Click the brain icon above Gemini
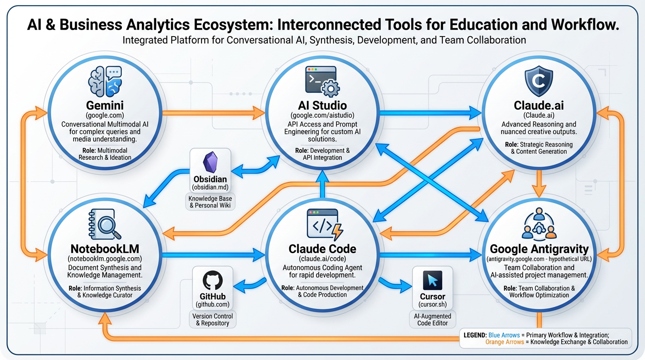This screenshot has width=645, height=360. tap(105, 81)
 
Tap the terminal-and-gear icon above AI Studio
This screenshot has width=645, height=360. tap(322, 81)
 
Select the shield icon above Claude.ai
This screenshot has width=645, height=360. tap(539, 81)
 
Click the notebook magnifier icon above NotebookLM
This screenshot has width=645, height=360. tap(105, 225)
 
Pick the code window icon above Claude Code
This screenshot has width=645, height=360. tap(324, 225)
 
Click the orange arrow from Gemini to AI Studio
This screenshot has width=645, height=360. tap(213, 112)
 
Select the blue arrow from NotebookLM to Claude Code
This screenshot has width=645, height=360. tap(213, 255)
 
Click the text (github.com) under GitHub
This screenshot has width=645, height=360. tap(213, 305)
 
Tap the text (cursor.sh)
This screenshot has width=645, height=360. tap(432, 305)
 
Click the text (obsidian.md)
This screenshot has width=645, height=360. tap(210, 187)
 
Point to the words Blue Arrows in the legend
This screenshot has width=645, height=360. tap(504, 335)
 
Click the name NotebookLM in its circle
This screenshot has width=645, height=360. tap(105, 249)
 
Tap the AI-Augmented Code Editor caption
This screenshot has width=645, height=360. tap(432, 320)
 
